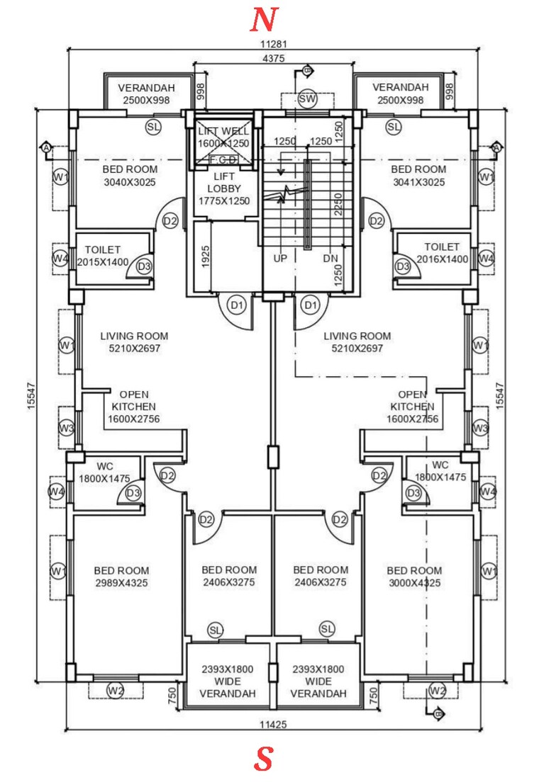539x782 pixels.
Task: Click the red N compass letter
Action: [263, 21]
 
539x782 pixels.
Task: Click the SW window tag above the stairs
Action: [307, 98]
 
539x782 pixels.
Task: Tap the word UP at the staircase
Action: [280, 259]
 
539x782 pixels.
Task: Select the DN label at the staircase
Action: [330, 259]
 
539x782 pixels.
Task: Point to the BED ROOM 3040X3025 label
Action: [130, 176]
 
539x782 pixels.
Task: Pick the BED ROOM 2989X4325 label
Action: [121, 577]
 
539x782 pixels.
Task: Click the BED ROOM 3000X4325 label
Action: [414, 577]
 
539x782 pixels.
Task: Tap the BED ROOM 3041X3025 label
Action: [418, 176]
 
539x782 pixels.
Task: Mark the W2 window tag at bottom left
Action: [116, 690]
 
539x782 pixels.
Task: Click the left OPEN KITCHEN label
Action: [133, 407]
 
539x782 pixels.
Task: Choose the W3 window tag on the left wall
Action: [67, 428]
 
